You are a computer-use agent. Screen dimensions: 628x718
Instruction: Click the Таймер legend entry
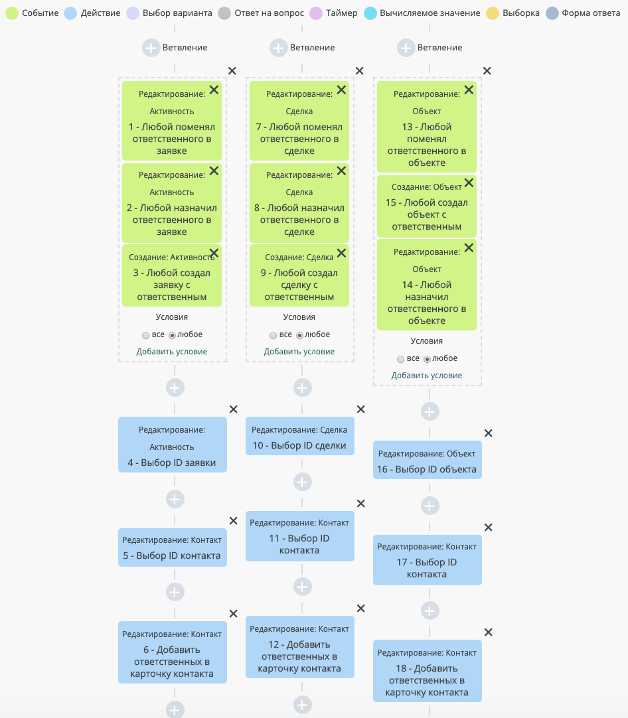point(333,13)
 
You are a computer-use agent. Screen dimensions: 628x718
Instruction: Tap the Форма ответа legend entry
point(583,13)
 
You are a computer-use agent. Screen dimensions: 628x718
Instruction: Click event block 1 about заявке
point(172,121)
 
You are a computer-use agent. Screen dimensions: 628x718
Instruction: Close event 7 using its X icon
point(341,90)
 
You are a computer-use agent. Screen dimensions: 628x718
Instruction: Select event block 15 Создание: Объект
point(426,206)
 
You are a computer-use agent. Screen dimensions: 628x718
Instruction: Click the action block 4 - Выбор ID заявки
point(172,445)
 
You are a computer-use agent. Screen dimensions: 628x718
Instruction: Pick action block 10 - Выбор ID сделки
point(299,436)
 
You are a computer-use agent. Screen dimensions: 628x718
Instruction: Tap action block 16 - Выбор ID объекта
point(427,460)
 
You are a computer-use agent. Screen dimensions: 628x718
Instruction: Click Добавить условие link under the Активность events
point(172,352)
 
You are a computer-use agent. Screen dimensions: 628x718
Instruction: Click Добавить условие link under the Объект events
point(426,376)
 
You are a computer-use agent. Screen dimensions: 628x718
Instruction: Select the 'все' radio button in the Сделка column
point(274,335)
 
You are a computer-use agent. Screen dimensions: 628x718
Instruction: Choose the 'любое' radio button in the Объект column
point(427,359)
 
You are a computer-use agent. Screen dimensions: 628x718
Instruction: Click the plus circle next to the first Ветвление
point(151,48)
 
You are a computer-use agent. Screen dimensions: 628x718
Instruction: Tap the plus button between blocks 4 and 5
point(175,499)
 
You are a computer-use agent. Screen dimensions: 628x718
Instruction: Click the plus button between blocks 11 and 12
point(302,587)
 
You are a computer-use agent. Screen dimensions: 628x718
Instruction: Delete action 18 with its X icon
point(489,632)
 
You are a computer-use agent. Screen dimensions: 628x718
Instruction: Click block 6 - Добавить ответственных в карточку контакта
point(172,652)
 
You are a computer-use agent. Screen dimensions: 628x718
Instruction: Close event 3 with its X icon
point(214,253)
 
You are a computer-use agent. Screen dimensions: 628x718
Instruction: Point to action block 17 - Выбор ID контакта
point(427,560)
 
